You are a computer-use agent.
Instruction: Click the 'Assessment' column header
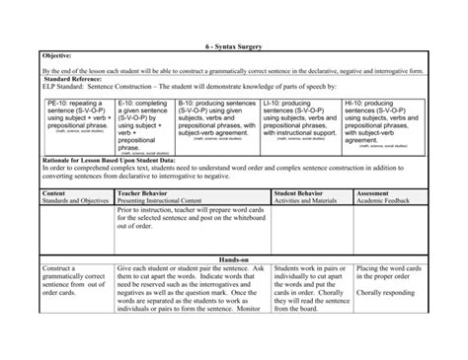click(x=372, y=193)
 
